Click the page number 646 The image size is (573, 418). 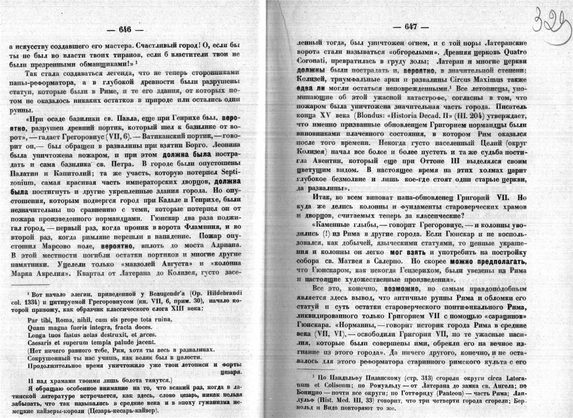[125, 30]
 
